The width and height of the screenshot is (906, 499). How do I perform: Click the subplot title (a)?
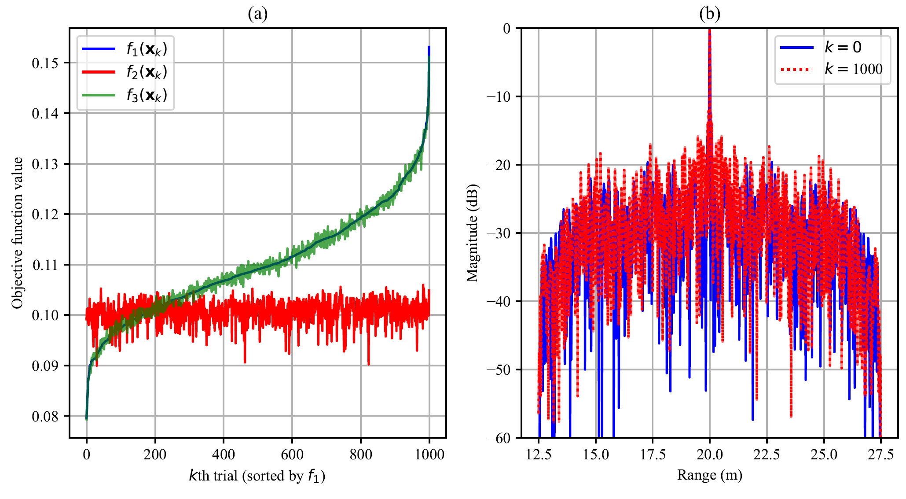(x=257, y=14)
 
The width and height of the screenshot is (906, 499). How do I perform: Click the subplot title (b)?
(x=709, y=14)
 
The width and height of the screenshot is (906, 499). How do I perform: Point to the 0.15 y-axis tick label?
(x=45, y=63)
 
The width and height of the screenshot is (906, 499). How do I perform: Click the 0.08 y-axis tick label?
(x=45, y=416)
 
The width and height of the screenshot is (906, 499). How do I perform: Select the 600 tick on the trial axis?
(x=292, y=454)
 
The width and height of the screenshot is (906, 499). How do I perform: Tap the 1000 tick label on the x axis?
(x=429, y=454)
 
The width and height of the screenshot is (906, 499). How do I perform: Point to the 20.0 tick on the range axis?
(x=709, y=454)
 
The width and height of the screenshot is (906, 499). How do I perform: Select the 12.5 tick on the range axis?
(x=539, y=454)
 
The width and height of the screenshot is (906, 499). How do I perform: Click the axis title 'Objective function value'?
(x=17, y=233)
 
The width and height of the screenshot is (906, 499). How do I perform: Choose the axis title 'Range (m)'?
(x=709, y=475)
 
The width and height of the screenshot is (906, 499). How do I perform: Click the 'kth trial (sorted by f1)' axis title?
(x=257, y=476)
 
